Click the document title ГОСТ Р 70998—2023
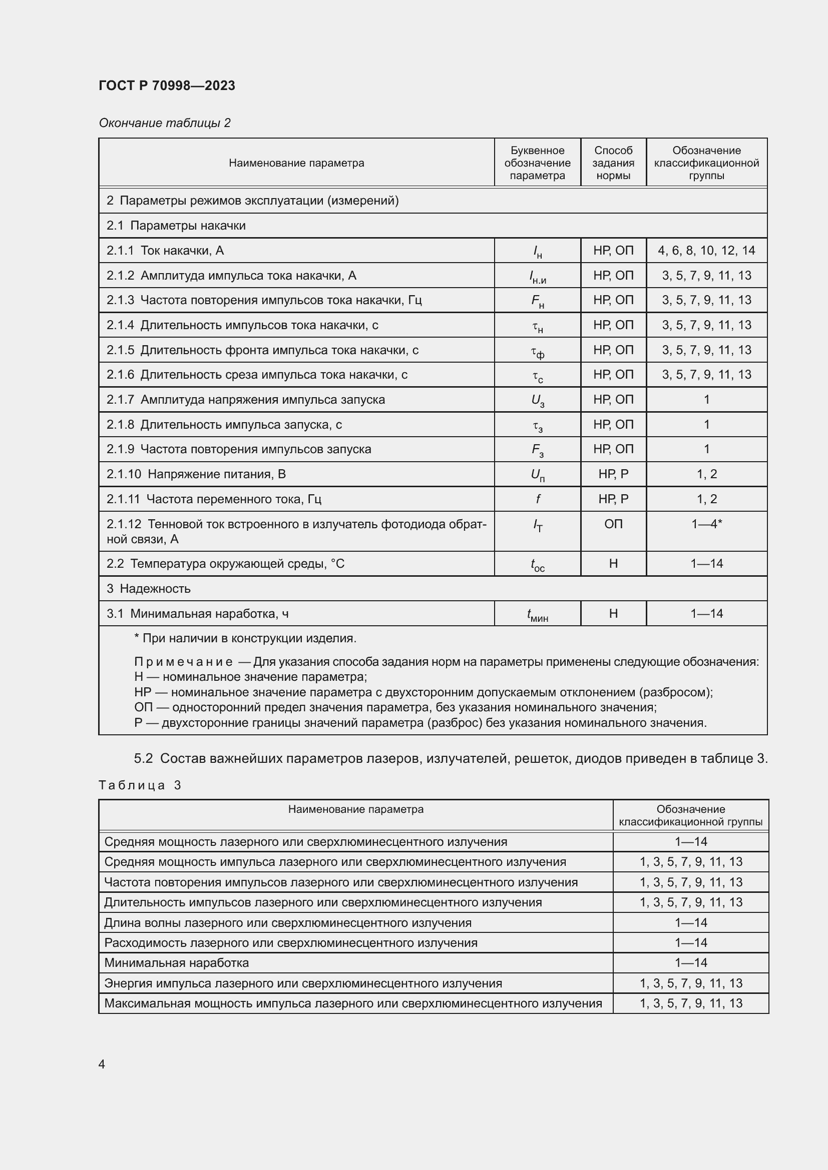click(x=167, y=86)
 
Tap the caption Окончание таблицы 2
click(x=164, y=123)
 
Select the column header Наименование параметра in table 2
click(x=296, y=163)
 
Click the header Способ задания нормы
click(x=613, y=163)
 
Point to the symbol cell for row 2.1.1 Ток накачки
click(x=537, y=251)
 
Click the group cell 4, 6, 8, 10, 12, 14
click(x=706, y=251)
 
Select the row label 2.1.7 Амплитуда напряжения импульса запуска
click(x=245, y=400)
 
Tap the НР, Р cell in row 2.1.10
click(x=613, y=474)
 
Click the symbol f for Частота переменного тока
click(x=537, y=499)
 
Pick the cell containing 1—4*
click(x=706, y=524)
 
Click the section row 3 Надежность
click(x=148, y=589)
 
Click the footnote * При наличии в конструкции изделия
click(x=245, y=638)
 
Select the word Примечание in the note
click(x=184, y=662)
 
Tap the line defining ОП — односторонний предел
click(x=395, y=707)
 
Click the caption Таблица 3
click(x=140, y=785)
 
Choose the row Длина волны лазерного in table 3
click(x=287, y=923)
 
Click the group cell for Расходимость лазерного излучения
click(x=690, y=943)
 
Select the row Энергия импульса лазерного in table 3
click(x=303, y=983)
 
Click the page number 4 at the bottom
click(x=102, y=1064)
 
